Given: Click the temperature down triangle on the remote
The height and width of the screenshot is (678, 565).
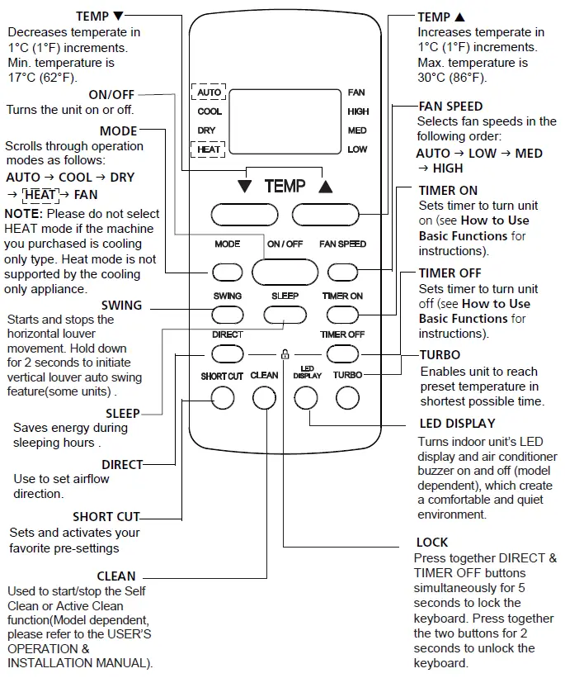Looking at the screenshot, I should click(x=244, y=187).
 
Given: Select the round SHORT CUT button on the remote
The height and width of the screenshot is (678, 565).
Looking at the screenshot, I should click(x=222, y=398).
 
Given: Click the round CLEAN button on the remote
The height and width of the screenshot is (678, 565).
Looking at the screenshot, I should click(x=264, y=398).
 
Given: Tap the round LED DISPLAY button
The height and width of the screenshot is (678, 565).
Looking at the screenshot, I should click(x=306, y=398).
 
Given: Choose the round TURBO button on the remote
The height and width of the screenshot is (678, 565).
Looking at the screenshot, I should click(x=347, y=398).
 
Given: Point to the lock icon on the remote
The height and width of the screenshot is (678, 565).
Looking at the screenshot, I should click(x=285, y=354).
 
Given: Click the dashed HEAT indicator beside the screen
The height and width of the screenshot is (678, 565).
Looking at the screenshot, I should click(x=209, y=149).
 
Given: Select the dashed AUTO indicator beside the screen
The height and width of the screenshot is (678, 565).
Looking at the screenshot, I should click(x=209, y=92).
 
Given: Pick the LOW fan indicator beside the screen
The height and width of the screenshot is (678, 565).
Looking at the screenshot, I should click(x=357, y=149).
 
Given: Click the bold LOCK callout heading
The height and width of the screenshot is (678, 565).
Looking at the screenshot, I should click(x=432, y=543).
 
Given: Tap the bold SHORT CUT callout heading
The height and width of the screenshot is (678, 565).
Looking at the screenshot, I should click(x=106, y=517).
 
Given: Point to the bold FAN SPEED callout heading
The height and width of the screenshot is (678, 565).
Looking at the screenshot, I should click(x=450, y=107).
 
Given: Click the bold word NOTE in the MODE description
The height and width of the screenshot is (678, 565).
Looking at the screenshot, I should click(x=22, y=213).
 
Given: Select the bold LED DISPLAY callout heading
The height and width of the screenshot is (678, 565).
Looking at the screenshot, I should click(x=457, y=424).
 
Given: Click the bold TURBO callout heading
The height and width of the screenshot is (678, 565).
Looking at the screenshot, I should click(x=440, y=355).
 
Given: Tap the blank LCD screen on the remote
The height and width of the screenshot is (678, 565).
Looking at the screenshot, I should click(x=284, y=121).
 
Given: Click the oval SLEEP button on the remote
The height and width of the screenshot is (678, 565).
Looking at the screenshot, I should click(x=285, y=314).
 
